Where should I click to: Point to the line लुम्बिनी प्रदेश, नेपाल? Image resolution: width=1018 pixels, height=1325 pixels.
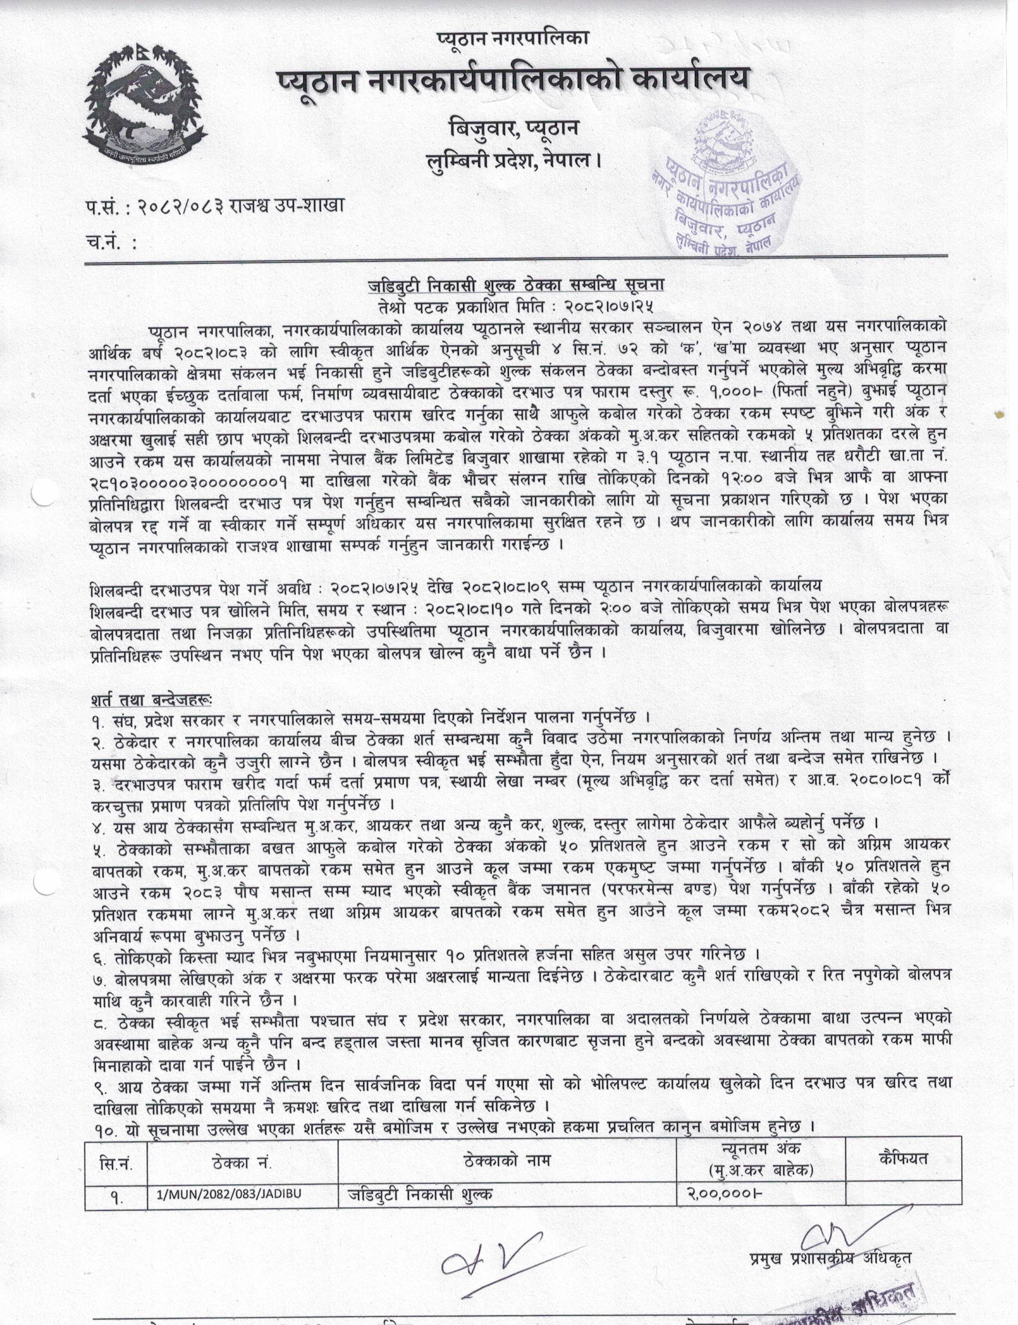pos(512,160)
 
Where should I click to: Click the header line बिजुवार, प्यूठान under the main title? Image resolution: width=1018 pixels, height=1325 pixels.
pos(512,129)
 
